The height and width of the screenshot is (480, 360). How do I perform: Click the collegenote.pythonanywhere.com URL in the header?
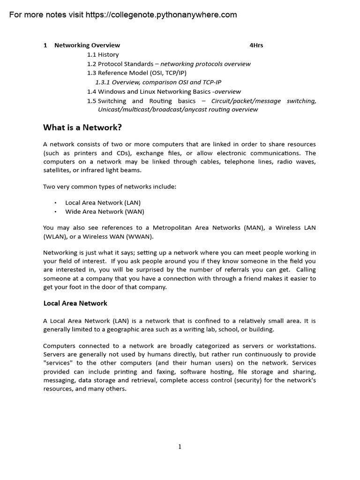161,15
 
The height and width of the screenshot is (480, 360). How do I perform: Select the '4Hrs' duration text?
256,45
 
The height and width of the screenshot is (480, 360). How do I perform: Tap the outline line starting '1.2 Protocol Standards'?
168,64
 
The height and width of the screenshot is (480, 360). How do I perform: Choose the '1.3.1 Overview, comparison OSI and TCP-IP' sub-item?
158,82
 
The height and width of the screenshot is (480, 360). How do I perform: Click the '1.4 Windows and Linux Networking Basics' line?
164,91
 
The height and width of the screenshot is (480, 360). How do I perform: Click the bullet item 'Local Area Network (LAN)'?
103,202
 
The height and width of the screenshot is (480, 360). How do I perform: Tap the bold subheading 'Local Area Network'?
75,303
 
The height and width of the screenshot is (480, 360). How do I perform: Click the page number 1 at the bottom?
180,447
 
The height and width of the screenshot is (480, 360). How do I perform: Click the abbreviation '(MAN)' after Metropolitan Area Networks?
255,228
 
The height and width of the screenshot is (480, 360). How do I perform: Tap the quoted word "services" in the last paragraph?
58,363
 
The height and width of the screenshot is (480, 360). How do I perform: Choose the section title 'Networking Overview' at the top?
87,45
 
